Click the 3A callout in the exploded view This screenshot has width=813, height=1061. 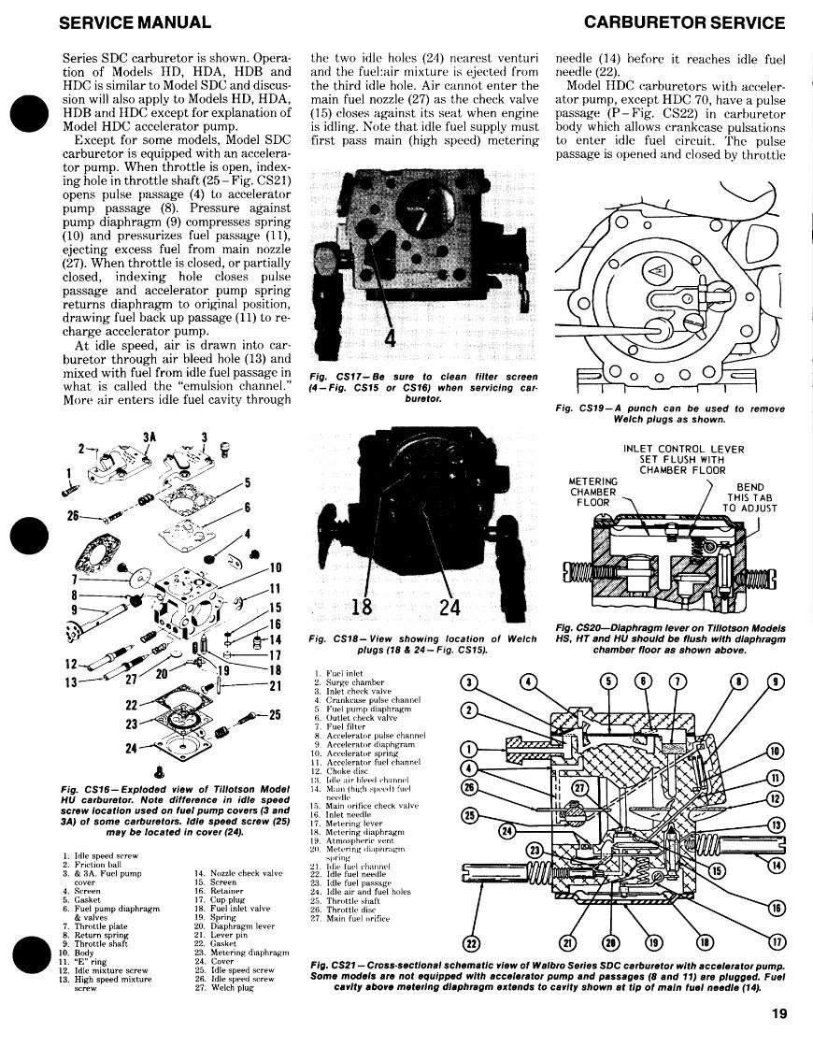tap(148, 437)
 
